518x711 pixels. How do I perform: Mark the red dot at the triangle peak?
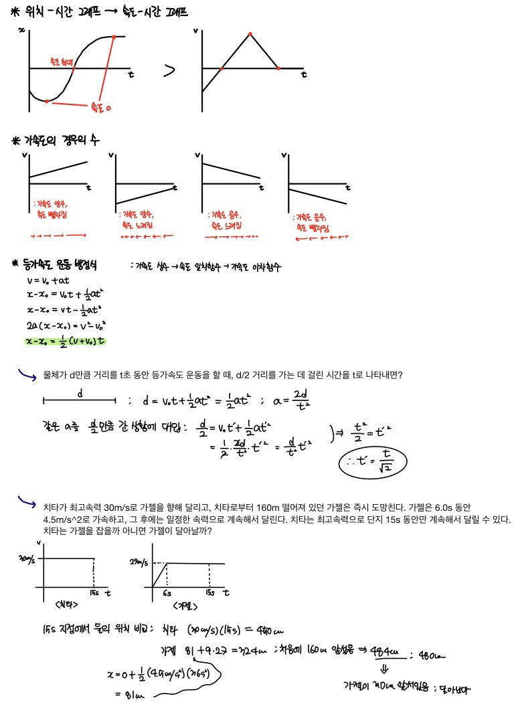[x=250, y=33]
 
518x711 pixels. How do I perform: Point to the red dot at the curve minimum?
[x=46, y=101]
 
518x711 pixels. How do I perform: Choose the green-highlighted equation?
[x=66, y=341]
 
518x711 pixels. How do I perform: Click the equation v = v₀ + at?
[x=48, y=281]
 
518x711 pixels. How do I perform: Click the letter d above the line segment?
[x=80, y=393]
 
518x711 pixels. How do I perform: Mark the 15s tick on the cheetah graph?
[x=94, y=594]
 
